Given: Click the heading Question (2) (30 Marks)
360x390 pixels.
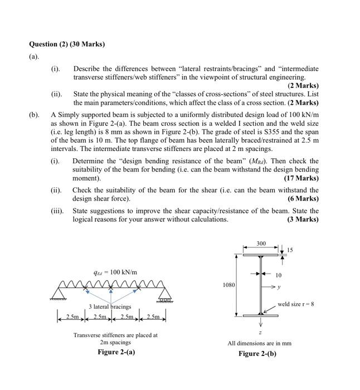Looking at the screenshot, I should point(67,44).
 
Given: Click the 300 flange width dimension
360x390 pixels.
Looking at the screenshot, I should point(261,243).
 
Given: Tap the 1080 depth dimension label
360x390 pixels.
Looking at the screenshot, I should point(228,285).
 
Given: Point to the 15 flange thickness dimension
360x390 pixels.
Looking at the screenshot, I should point(290,249).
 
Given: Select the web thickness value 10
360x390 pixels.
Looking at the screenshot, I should point(279,275).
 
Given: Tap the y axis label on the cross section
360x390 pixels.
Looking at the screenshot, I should point(279,287).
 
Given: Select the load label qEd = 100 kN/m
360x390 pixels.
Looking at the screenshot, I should point(116,272).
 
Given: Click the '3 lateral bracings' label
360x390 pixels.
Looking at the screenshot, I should point(110,306).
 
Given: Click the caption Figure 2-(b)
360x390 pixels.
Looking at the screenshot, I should point(257,354).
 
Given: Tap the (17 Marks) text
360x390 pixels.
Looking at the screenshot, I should point(301,178).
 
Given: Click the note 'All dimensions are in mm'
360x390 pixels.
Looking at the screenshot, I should point(259,343).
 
